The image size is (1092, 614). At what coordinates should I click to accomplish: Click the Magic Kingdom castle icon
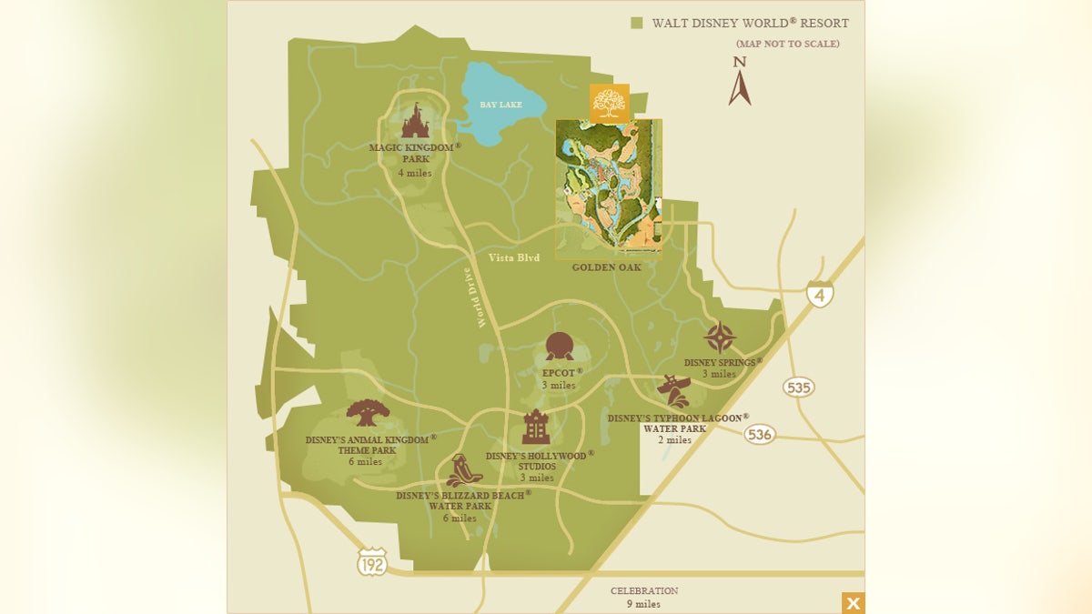pos(415,121)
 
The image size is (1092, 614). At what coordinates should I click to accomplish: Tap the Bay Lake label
pos(501,106)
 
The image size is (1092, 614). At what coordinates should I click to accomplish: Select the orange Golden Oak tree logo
pos(609,103)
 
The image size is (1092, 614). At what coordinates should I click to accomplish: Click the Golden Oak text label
pos(606,267)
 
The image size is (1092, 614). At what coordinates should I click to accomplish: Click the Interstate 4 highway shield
pos(820,293)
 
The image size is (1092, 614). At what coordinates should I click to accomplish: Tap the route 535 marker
pos(798,388)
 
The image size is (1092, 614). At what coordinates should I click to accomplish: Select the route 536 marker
pos(760,434)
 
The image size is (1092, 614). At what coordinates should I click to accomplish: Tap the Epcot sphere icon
pos(560,347)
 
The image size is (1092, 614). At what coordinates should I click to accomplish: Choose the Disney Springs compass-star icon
pos(720,337)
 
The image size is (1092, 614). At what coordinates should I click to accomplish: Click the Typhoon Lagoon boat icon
pos(674,391)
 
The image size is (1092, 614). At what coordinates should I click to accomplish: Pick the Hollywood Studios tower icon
pos(537,427)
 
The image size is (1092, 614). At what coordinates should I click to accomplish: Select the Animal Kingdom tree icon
pos(369,413)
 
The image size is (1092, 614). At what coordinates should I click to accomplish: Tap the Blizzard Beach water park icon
pos(462,471)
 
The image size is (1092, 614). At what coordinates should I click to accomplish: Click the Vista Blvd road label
pos(514,257)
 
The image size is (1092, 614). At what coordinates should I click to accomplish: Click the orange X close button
pos(853,603)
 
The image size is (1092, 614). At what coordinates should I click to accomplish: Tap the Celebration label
pos(643,591)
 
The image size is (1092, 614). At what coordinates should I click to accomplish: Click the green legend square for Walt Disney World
pos(637,24)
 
